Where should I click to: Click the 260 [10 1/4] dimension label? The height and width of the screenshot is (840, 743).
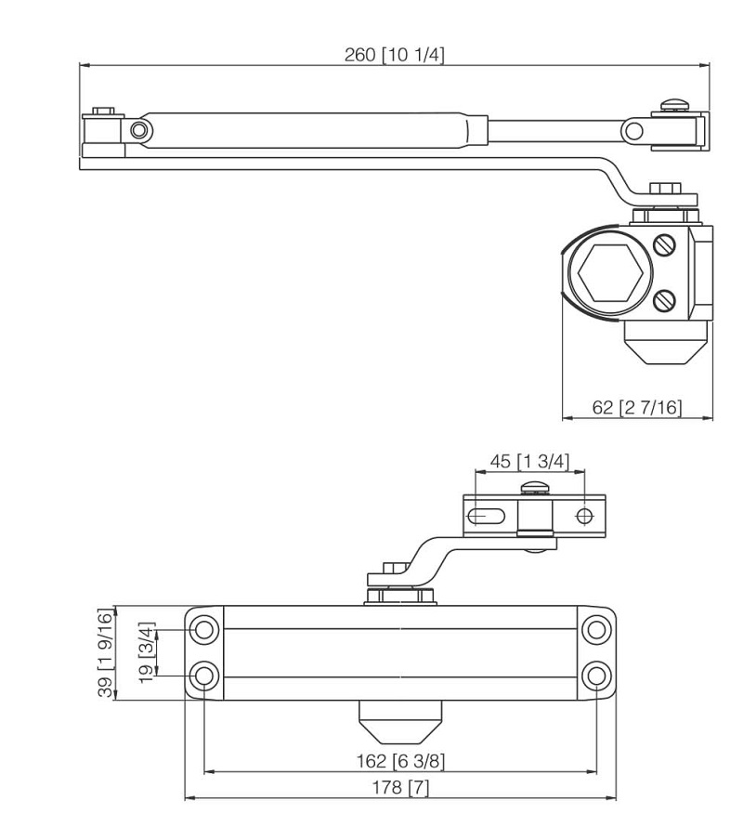tap(395, 54)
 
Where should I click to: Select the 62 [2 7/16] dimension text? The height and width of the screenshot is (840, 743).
tap(637, 407)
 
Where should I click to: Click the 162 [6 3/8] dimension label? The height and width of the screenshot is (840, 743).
tap(400, 760)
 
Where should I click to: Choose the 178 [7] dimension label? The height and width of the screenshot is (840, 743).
tap(400, 788)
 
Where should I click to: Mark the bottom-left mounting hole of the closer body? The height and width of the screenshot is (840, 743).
tap(203, 675)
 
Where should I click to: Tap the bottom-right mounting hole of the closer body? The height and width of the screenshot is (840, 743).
tap(596, 675)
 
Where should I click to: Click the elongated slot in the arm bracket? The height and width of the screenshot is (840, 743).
tap(487, 516)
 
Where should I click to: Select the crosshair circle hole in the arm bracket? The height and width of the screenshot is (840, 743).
tap(584, 516)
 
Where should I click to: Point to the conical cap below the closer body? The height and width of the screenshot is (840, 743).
tap(400, 717)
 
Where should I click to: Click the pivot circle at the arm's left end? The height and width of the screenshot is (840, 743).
tap(138, 129)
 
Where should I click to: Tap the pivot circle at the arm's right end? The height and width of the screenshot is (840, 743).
tap(633, 129)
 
